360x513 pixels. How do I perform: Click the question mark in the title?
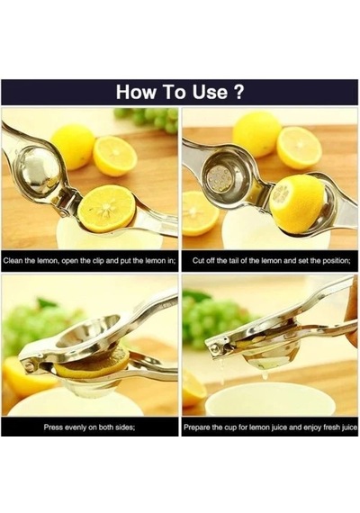238,92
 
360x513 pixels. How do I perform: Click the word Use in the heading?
210,93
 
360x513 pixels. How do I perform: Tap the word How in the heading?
136,93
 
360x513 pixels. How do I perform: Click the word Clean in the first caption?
13,261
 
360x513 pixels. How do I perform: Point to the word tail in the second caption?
233,261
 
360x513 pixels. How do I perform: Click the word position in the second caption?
337,261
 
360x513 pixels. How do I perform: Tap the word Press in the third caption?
52,427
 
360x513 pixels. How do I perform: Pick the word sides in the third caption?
126,427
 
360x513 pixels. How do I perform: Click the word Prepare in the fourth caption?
196,427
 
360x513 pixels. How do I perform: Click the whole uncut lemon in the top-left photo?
74,146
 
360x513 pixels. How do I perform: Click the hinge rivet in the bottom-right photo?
215,347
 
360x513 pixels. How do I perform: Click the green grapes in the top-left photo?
148,119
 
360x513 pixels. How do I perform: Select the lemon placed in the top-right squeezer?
296,202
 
